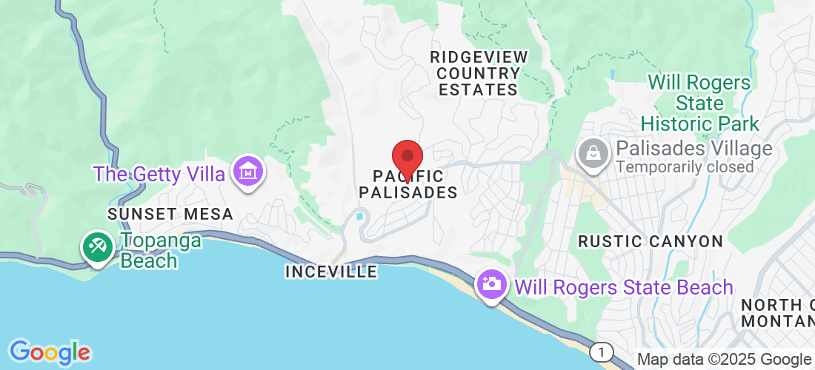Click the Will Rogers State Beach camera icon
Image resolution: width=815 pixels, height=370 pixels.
(490, 284)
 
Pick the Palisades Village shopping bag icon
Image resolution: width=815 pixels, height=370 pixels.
(593, 154)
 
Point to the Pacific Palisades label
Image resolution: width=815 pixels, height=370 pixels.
(408, 184)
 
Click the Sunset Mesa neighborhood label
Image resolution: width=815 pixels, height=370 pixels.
(170, 214)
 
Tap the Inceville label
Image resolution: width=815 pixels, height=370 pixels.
(331, 272)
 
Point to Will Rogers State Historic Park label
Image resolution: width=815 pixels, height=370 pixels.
(700, 103)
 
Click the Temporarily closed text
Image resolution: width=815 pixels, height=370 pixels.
(685, 166)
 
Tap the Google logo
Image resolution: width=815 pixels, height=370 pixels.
(50, 351)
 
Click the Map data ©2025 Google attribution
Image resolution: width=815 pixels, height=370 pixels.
(724, 360)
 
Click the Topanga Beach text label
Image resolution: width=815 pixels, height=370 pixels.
(150, 250)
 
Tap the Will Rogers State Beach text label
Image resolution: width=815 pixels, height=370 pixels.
(624, 286)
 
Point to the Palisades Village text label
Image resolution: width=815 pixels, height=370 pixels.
(694, 148)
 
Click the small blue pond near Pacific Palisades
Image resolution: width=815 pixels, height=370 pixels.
(360, 216)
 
